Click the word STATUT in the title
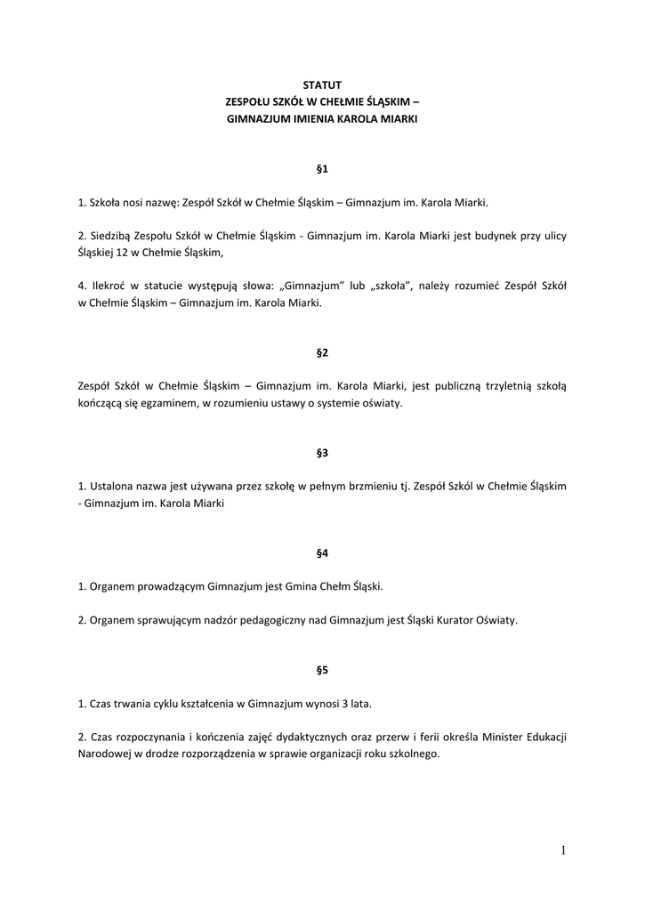(322, 85)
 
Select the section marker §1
(322, 168)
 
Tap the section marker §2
(322, 352)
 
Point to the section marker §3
(322, 453)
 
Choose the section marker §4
(322, 553)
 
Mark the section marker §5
(322, 670)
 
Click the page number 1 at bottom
(563, 851)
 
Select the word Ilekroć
(109, 286)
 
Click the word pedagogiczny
(262, 621)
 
